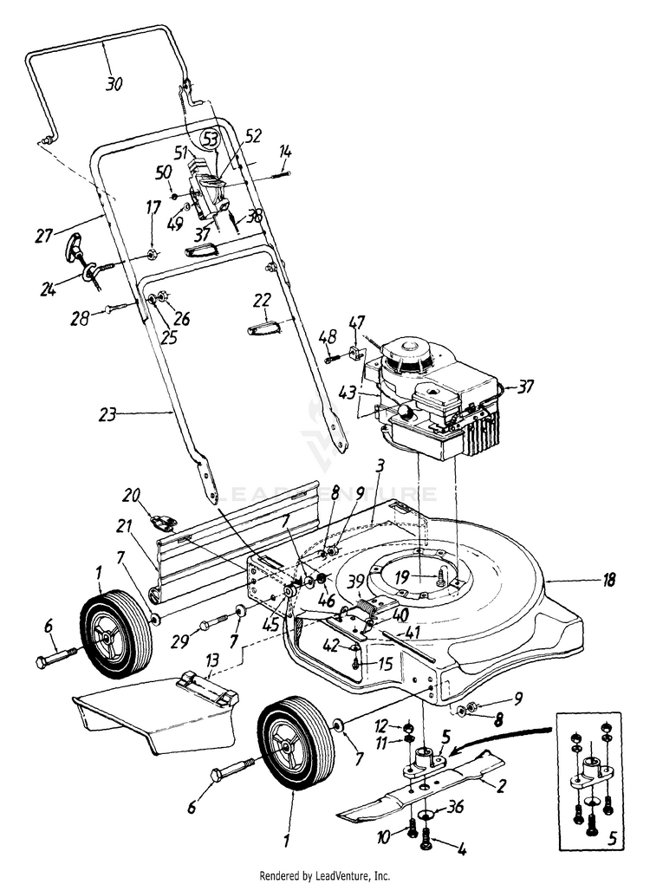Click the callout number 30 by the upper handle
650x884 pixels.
click(114, 84)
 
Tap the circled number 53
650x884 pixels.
click(211, 139)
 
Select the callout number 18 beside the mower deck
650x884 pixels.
click(608, 580)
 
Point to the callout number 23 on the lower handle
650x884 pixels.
click(107, 414)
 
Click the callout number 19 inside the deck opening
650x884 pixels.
click(401, 576)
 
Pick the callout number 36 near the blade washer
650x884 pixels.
click(455, 807)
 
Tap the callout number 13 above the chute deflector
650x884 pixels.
click(212, 660)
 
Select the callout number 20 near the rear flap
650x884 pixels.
click(132, 495)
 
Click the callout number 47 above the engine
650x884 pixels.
click(356, 322)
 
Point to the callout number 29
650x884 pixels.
click(180, 641)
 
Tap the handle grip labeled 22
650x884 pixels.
click(263, 328)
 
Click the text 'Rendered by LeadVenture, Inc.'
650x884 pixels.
click(324, 875)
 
